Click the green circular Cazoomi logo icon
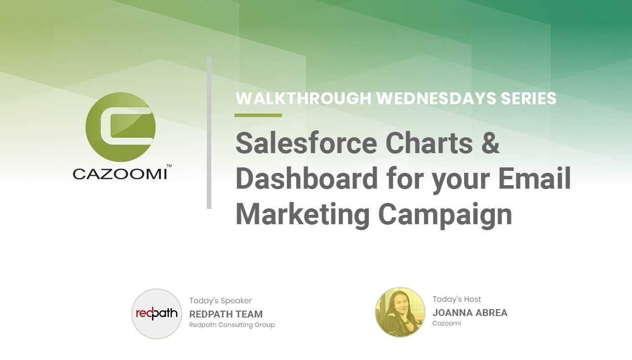[120, 127]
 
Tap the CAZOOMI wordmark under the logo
[120, 174]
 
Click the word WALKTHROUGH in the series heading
[303, 98]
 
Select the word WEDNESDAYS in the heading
[436, 98]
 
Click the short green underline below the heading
[258, 115]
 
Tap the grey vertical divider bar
[209, 133]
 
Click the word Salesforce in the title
[307, 143]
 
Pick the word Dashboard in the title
[307, 178]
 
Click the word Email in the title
[535, 178]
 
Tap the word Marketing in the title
[303, 214]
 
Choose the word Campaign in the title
[445, 214]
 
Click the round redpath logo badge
[157, 314]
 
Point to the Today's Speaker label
[220, 300]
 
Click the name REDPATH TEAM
[226, 314]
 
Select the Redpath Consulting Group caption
[232, 325]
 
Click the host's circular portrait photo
[400, 312]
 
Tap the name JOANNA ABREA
[470, 313]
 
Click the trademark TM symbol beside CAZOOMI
[169, 166]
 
